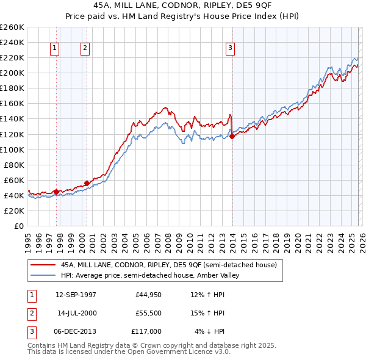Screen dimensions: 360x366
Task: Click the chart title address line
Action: [x=182, y=4]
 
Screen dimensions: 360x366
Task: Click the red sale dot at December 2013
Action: [x=232, y=136]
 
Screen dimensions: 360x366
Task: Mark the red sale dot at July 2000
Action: [x=87, y=182]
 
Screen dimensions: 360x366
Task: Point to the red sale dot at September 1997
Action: [x=56, y=192]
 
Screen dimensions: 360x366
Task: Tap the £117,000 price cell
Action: [x=146, y=331]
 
